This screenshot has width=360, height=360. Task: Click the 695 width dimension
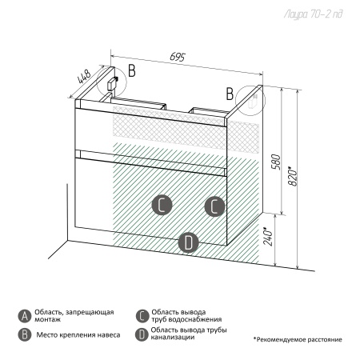coord(177,57)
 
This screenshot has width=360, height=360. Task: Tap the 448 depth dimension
coord(84,76)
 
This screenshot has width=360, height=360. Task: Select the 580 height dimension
coord(276,162)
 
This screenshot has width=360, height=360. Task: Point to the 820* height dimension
coord(293,177)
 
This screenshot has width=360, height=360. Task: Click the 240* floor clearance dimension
coord(268,237)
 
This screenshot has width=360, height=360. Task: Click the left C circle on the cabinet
coord(162,206)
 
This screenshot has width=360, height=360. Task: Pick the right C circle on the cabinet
coord(214,206)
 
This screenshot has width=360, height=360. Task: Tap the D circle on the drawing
coord(189,242)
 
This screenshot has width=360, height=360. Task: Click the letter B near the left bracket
coord(132,70)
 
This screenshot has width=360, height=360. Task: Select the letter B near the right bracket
coord(230,94)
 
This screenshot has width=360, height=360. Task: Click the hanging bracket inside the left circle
coord(112,83)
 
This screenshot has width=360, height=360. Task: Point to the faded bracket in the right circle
coord(252,102)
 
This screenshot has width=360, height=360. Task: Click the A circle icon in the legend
coord(25,316)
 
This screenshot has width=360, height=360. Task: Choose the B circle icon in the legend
coord(25,334)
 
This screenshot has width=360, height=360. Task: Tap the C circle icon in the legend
coord(142,316)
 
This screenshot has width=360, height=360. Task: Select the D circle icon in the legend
coord(142,334)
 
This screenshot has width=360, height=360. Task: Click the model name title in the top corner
coord(313,14)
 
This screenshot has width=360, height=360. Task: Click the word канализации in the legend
coord(173,338)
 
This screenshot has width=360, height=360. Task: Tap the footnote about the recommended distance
coord(298,339)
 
